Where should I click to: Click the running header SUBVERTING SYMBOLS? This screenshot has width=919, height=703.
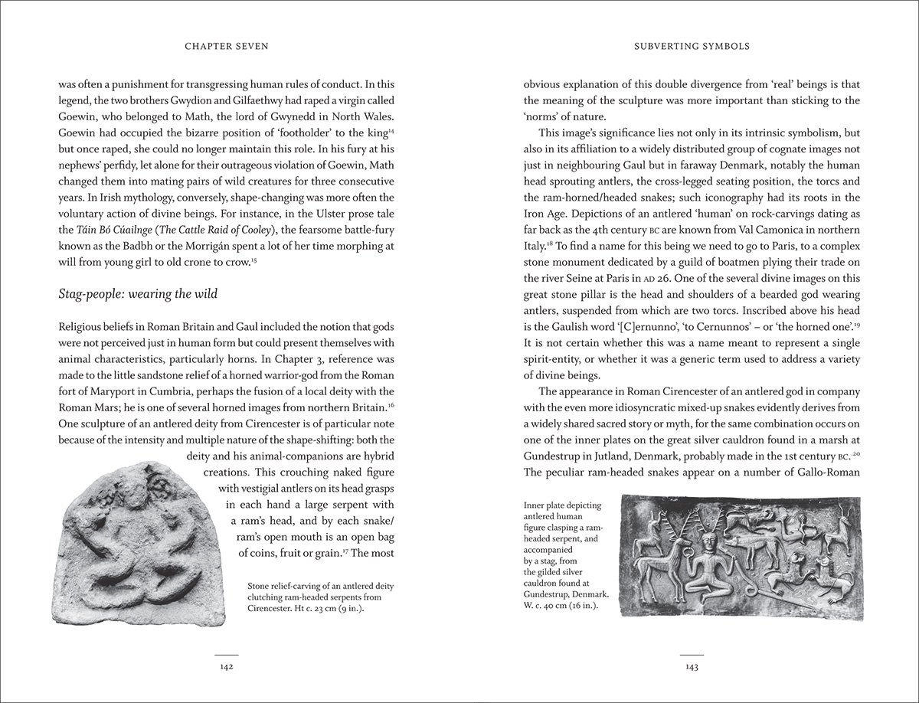(x=692, y=46)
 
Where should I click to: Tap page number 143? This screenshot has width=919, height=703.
(x=692, y=667)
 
